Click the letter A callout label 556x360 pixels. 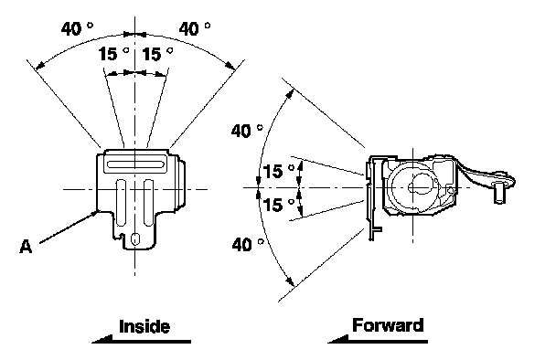click(x=26, y=247)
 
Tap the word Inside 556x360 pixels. click(x=144, y=326)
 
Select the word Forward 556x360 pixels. click(x=388, y=325)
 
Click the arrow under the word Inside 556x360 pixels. click(x=141, y=340)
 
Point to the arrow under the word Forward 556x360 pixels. click(x=378, y=339)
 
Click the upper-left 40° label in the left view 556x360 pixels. click(x=77, y=28)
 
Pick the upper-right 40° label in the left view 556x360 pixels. click(x=194, y=28)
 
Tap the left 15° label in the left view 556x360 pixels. click(x=113, y=54)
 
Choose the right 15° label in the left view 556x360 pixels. click(x=157, y=54)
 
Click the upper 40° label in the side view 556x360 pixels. click(x=247, y=131)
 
